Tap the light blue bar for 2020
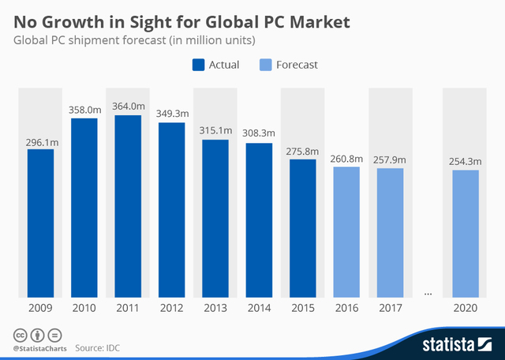(x=466, y=234)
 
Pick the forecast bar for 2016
(x=346, y=233)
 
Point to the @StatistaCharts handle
(x=39, y=347)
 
